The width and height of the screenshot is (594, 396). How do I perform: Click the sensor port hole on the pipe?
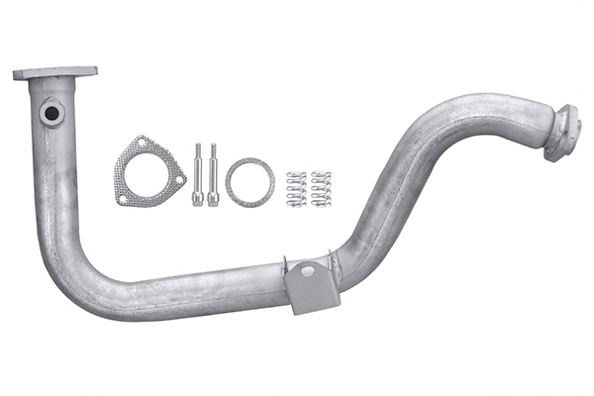50,115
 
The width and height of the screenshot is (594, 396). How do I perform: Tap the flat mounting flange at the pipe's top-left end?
55,73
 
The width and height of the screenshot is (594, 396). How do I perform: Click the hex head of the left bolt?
198,198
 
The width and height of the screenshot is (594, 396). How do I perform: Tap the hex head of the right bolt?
213,198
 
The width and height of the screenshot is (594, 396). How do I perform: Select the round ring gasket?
249,181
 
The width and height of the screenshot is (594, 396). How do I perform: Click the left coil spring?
295,189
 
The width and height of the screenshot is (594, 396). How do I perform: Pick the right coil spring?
320,189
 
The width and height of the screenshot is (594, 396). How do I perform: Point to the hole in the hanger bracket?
307,270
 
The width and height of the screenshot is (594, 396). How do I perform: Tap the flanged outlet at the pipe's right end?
560,133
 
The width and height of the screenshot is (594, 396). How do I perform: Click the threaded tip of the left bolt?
198,150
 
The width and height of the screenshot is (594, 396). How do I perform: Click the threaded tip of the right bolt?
213,150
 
